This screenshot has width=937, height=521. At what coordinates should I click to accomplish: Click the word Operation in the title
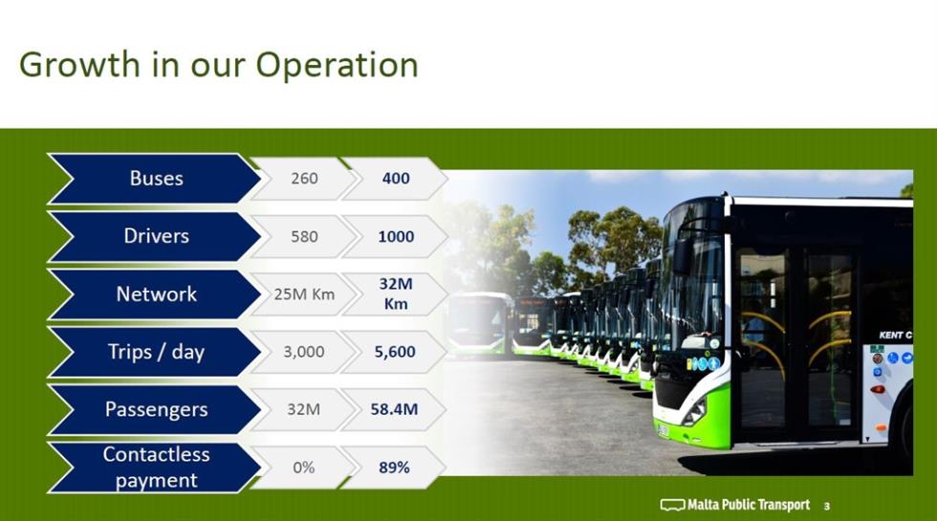point(337,66)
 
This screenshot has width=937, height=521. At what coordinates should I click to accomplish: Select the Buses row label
point(157,178)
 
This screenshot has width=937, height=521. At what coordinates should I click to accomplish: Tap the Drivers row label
point(157,236)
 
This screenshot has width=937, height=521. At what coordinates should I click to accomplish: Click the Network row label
point(157,294)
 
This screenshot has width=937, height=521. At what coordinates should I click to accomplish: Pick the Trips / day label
point(157,352)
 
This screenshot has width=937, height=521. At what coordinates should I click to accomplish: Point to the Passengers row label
point(157,409)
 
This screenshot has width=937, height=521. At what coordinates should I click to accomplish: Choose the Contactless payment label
point(157,467)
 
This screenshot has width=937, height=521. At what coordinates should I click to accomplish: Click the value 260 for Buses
point(304,178)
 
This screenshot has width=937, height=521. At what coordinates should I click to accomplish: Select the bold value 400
point(396,178)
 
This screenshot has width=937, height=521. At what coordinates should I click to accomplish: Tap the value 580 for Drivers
point(304,237)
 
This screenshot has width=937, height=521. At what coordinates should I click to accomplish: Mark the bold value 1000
point(396,237)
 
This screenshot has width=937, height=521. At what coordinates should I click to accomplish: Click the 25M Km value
point(304,294)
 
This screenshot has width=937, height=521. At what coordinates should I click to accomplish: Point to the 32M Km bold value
point(396,293)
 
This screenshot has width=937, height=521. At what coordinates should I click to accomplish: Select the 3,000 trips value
point(304,352)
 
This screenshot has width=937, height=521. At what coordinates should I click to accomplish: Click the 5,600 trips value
point(395,352)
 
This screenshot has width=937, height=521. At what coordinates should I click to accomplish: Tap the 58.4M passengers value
point(394,409)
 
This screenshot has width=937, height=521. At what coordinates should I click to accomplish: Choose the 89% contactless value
point(394,467)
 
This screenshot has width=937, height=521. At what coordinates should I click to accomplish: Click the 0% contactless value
point(304,467)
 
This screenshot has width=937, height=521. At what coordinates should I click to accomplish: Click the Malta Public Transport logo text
point(749,506)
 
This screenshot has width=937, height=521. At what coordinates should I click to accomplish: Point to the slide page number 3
point(827,506)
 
